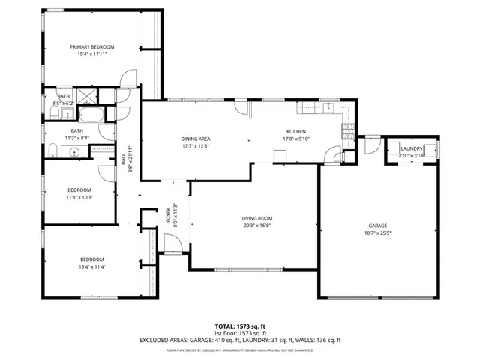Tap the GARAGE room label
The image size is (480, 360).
click(376, 225)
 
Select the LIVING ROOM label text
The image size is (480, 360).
click(256, 218)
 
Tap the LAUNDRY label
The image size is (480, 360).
click(412, 148)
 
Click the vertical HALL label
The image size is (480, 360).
click(124, 159)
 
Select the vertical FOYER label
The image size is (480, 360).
click(167, 216)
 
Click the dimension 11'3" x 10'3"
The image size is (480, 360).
click(79, 197)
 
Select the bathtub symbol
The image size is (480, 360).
click(94, 114)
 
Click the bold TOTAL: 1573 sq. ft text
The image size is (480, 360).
click(240, 326)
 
